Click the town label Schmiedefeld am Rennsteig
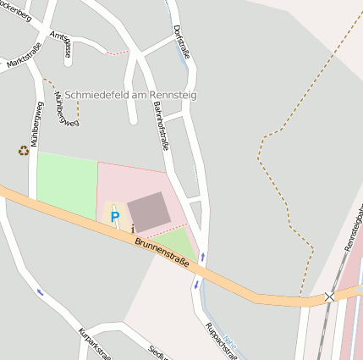pos(130,95)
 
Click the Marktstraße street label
pos(24,60)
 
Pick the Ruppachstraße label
pos(217,339)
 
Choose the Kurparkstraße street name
pos(94,342)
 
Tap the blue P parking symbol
pos(115,218)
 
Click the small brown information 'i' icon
pos(133,228)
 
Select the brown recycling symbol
pos(23,151)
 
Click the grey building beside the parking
pos(148,211)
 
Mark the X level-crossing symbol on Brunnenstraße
pos(329,296)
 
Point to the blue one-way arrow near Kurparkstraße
pos(40,292)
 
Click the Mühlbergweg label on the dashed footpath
pos(65,109)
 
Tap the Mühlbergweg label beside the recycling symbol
pos(36,127)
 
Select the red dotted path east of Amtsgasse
pos(118,53)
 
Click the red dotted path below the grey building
pos(165,230)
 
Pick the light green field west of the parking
pos(66,185)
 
